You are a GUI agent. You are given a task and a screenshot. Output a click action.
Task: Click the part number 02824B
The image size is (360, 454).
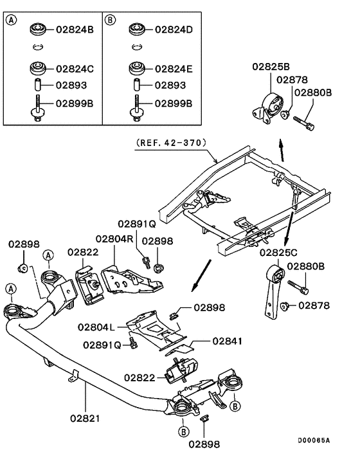(76, 29)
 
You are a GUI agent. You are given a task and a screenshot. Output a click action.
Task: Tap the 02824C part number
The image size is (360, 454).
(76, 68)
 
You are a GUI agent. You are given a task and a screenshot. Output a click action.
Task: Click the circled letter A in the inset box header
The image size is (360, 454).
(12, 19)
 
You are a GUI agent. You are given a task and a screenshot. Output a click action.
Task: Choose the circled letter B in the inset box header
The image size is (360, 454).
(110, 19)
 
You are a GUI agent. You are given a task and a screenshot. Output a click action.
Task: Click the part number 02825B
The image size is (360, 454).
(270, 66)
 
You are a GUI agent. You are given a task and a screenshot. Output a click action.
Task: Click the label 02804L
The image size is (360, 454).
(96, 326)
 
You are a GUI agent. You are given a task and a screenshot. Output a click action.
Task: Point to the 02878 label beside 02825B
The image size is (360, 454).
(292, 79)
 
